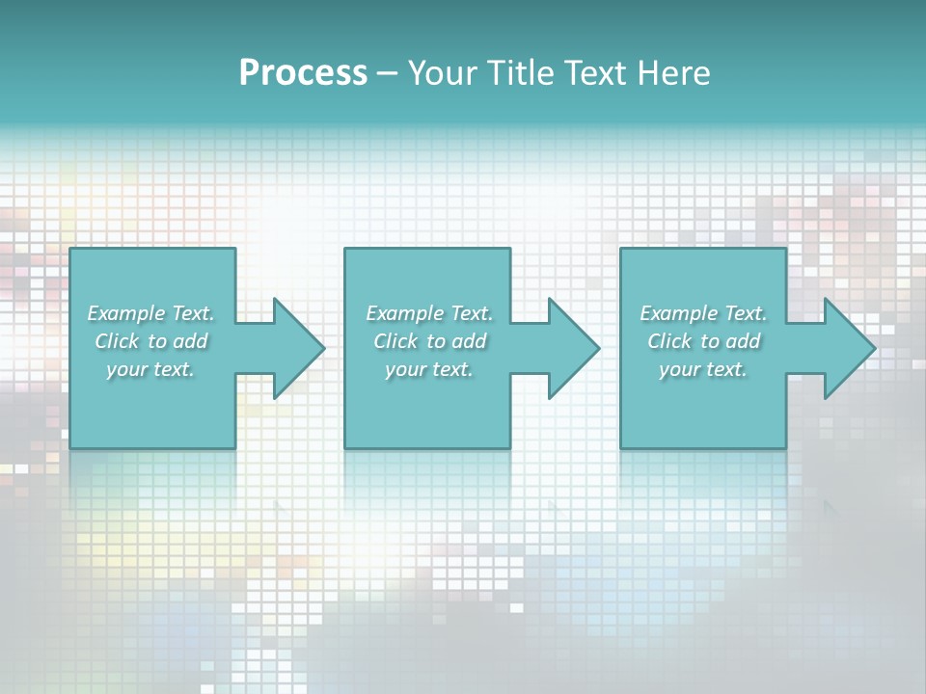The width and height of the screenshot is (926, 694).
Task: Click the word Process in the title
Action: pyautogui.click(x=303, y=73)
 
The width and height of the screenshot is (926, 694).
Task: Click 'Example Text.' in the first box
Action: pyautogui.click(x=151, y=313)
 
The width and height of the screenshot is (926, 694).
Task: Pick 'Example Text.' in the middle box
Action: pyautogui.click(x=429, y=313)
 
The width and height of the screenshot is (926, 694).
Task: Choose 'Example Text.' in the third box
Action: pyautogui.click(x=703, y=313)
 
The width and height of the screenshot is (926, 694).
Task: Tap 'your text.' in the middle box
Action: pyautogui.click(x=429, y=369)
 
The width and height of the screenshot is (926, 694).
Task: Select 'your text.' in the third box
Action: pyautogui.click(x=703, y=369)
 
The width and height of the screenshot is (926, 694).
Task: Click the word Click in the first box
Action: pyautogui.click(x=117, y=341)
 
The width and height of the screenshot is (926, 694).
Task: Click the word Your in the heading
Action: pyautogui.click(x=433, y=73)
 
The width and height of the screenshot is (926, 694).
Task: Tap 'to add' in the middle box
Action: pyautogui.click(x=454, y=341)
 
